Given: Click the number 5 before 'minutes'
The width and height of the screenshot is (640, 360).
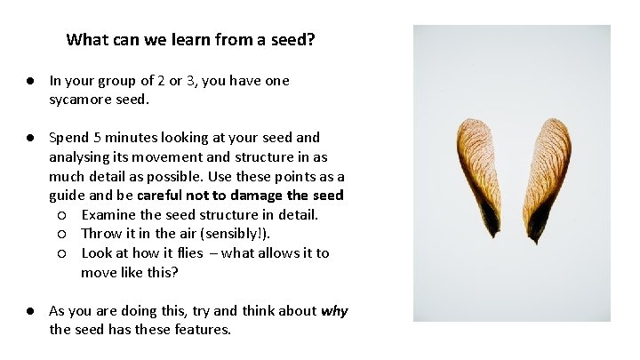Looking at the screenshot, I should [x=93, y=138].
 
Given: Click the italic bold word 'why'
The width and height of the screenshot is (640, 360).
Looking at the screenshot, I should [x=334, y=311].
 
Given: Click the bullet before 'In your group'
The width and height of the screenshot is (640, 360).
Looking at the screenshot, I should [x=29, y=80].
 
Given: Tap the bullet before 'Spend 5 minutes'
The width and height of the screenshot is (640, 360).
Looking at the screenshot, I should [x=29, y=138].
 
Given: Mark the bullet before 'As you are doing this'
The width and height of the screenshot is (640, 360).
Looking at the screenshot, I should [x=29, y=311].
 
